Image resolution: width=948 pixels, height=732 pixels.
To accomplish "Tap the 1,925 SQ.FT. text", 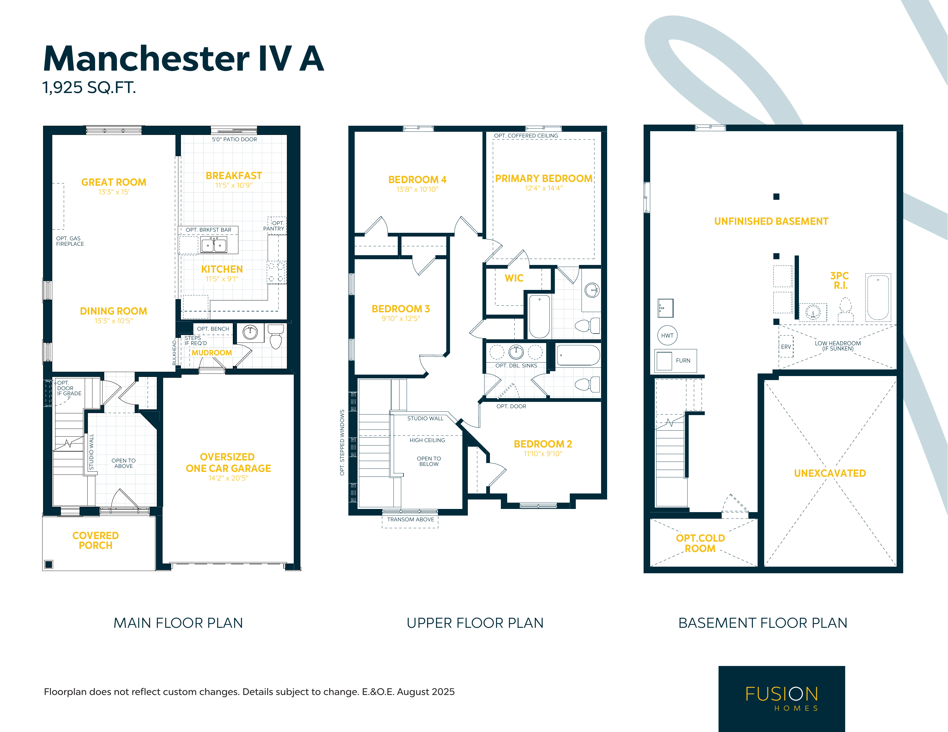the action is coord(89,88).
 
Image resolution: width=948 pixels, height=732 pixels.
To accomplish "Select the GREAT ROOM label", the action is coord(114,182).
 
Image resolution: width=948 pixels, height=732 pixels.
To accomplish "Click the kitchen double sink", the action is coord(214,245).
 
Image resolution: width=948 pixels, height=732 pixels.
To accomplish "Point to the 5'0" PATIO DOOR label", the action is coord(234,139).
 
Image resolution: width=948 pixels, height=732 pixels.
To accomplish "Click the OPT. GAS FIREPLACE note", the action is coord(70,241).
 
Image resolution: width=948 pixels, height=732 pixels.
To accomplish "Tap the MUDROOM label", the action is coord(212,353).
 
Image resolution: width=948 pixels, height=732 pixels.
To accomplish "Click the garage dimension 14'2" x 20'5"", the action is coord(228,478).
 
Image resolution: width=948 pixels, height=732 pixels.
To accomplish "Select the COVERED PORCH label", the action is coord(96,541).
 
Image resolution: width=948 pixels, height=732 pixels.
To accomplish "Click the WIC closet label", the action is coord(514,278).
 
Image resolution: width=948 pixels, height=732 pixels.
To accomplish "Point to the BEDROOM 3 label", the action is coord(401,309).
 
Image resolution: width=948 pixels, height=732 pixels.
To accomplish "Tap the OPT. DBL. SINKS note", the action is coord(516,366).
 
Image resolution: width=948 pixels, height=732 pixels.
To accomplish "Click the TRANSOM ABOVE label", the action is coord(411,519).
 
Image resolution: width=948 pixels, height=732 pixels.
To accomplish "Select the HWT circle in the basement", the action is coord(667,335).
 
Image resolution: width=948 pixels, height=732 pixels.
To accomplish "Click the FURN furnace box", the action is coord(675,361).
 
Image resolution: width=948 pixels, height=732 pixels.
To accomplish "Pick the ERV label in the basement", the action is coord(786,347).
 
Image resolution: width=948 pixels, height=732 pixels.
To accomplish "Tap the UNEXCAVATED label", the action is coord(830,473).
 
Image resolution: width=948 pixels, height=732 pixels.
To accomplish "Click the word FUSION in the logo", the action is coord(782,694).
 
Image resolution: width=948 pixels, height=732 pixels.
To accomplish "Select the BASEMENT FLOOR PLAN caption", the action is coord(763,623).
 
